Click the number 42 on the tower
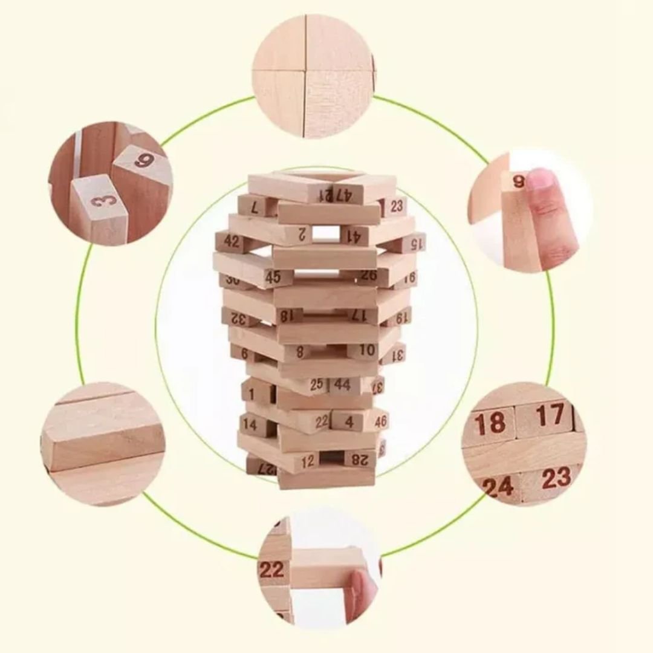point(232,241)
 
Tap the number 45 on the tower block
point(273,277)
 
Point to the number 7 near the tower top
point(255,207)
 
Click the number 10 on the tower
point(368,349)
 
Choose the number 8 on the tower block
point(300,351)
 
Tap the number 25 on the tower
point(317,384)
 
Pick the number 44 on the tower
point(343,384)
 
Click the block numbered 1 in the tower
point(252,394)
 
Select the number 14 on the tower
point(250,424)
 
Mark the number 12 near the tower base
point(308,461)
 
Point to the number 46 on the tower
point(381,421)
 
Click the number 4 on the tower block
point(349,421)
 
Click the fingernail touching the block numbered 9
point(539,180)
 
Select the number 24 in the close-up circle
point(498,487)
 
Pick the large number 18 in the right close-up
point(490,424)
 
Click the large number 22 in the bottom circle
point(271,568)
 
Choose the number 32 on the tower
point(237,319)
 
